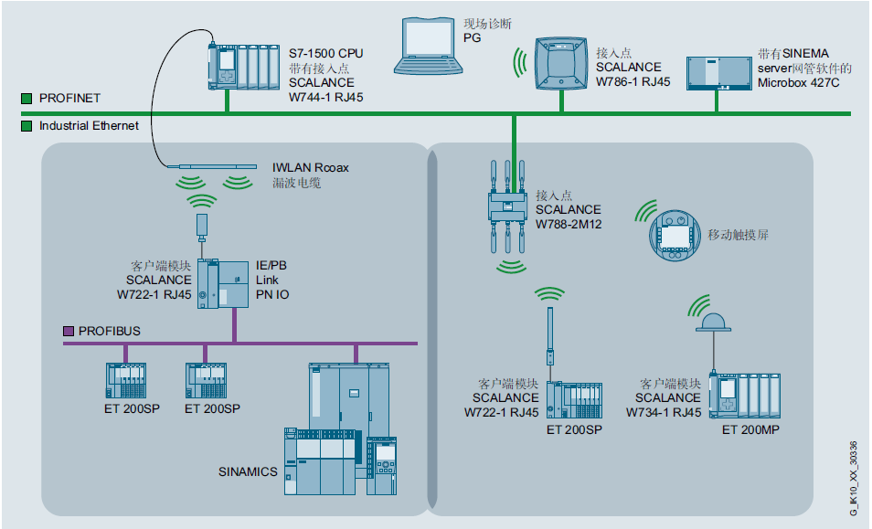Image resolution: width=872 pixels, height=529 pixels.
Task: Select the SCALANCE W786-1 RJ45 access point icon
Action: coord(558,65)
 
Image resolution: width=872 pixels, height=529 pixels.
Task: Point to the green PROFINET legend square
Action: coord(27,97)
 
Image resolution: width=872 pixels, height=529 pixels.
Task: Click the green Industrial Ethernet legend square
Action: coord(27,125)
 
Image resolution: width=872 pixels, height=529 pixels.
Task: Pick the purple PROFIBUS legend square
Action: coord(68,331)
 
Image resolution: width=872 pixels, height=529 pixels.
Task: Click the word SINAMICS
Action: coord(248,472)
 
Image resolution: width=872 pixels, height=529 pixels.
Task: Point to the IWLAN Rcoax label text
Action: coord(311,168)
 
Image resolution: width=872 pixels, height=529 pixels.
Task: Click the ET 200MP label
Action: coord(750,429)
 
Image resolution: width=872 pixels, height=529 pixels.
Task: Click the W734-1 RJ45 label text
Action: coord(664,412)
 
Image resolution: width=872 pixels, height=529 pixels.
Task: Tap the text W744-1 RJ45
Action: coord(325,96)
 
